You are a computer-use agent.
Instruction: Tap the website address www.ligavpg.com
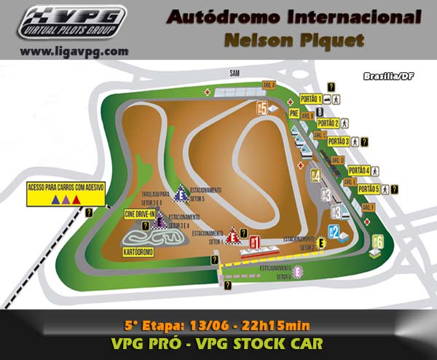(x=74, y=52)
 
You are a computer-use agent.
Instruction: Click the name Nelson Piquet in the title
(x=294, y=41)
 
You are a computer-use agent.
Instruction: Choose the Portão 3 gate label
(x=339, y=141)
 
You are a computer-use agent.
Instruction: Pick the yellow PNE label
(x=294, y=114)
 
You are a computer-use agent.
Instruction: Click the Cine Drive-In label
(x=140, y=213)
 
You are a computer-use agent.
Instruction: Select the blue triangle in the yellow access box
(x=55, y=198)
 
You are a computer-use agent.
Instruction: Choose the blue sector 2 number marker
(x=335, y=232)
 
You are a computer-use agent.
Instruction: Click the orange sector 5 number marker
(x=264, y=109)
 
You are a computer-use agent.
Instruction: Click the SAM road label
(x=233, y=73)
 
